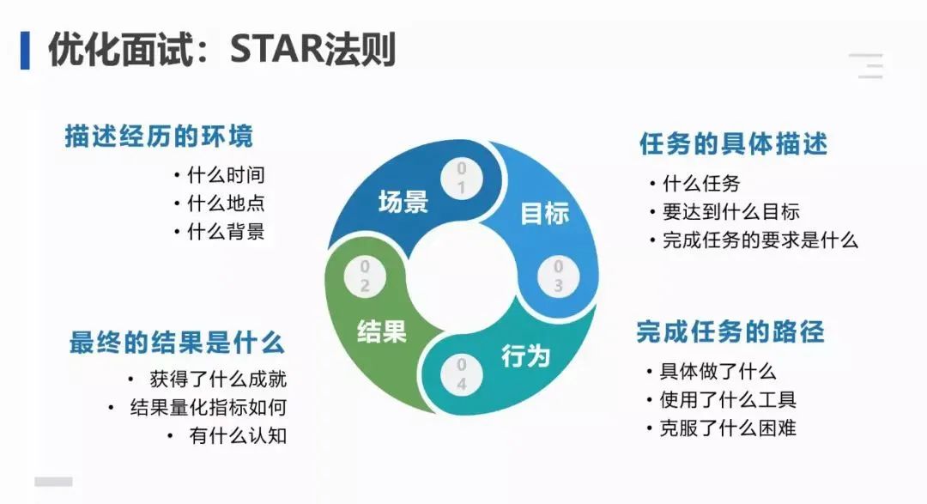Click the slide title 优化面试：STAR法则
pyautogui.click(x=221, y=51)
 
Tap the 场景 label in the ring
pyautogui.click(x=403, y=203)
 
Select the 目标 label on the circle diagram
pyautogui.click(x=545, y=213)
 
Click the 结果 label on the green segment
pyautogui.click(x=382, y=331)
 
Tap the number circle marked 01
pyautogui.click(x=462, y=178)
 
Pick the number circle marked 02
pyautogui.click(x=365, y=276)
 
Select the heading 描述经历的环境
pyautogui.click(x=159, y=137)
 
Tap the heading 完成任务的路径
pyautogui.click(x=730, y=331)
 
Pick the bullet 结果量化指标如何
pyautogui.click(x=208, y=407)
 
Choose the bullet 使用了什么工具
pyautogui.click(x=728, y=399)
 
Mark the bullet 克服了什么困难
pyautogui.click(x=728, y=427)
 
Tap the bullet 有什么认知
pyautogui.click(x=238, y=435)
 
